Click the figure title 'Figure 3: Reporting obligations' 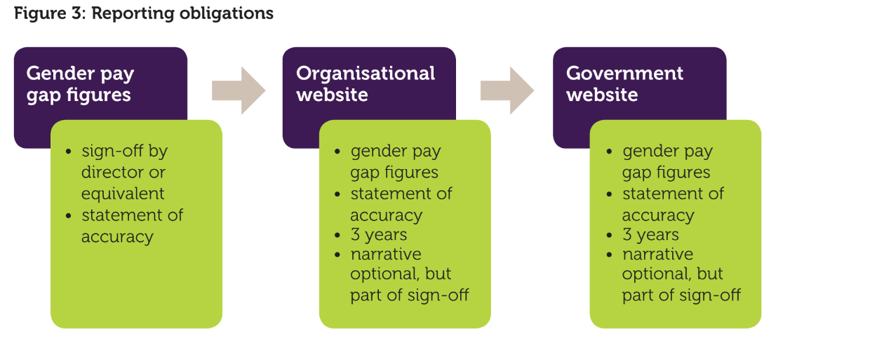pyautogui.click(x=144, y=14)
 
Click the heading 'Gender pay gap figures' pyautogui.click(x=80, y=84)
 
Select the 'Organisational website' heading pyautogui.click(x=366, y=84)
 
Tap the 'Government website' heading pyautogui.click(x=624, y=84)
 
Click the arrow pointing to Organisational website pyautogui.click(x=239, y=91)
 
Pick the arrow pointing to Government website pyautogui.click(x=507, y=91)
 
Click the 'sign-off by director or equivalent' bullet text pyautogui.click(x=124, y=172)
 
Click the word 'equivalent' pyautogui.click(x=123, y=194)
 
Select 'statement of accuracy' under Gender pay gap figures pyautogui.click(x=132, y=226)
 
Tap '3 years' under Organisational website pyautogui.click(x=378, y=235)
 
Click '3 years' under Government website pyautogui.click(x=650, y=235)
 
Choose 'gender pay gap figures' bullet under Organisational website pyautogui.click(x=396, y=162)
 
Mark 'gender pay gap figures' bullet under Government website pyautogui.click(x=667, y=162)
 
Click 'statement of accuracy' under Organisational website pyautogui.click(x=401, y=204)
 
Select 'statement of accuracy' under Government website pyautogui.click(x=673, y=204)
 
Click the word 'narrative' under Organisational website pyautogui.click(x=386, y=254)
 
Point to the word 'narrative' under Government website pyautogui.click(x=658, y=254)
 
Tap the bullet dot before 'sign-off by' pyautogui.click(x=69, y=152)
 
